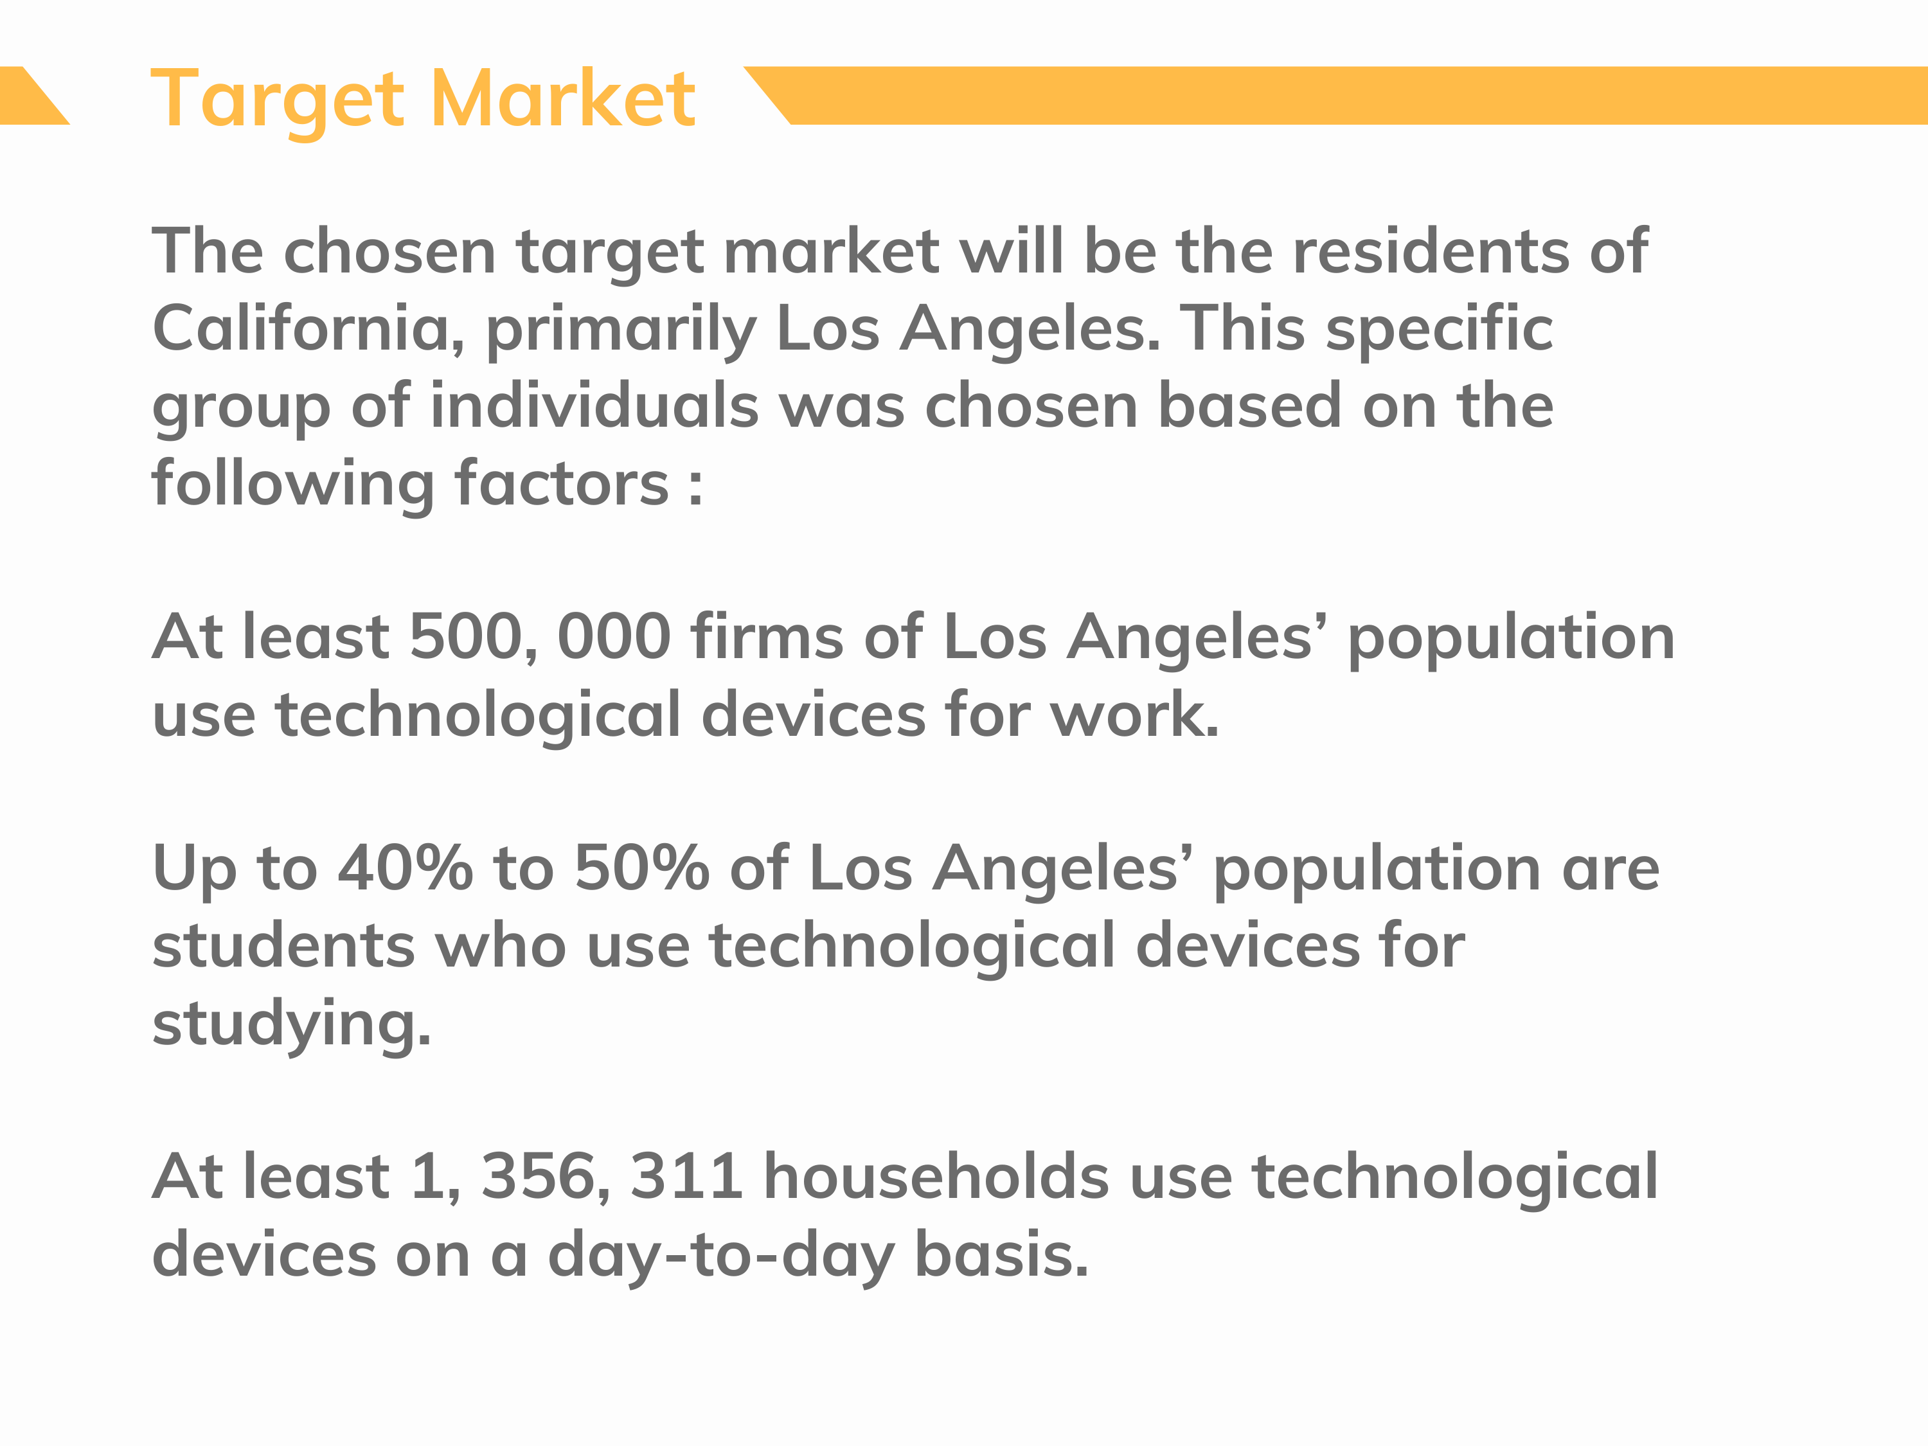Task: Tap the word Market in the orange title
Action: pos(563,98)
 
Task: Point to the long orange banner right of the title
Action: pos(1335,95)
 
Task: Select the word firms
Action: pos(767,636)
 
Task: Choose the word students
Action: pos(283,946)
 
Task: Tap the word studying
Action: pos(292,1025)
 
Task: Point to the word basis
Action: pos(1001,1254)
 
